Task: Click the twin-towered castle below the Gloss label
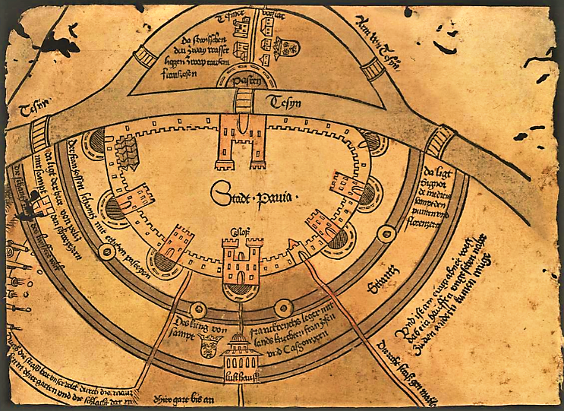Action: pyautogui.click(x=242, y=263)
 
